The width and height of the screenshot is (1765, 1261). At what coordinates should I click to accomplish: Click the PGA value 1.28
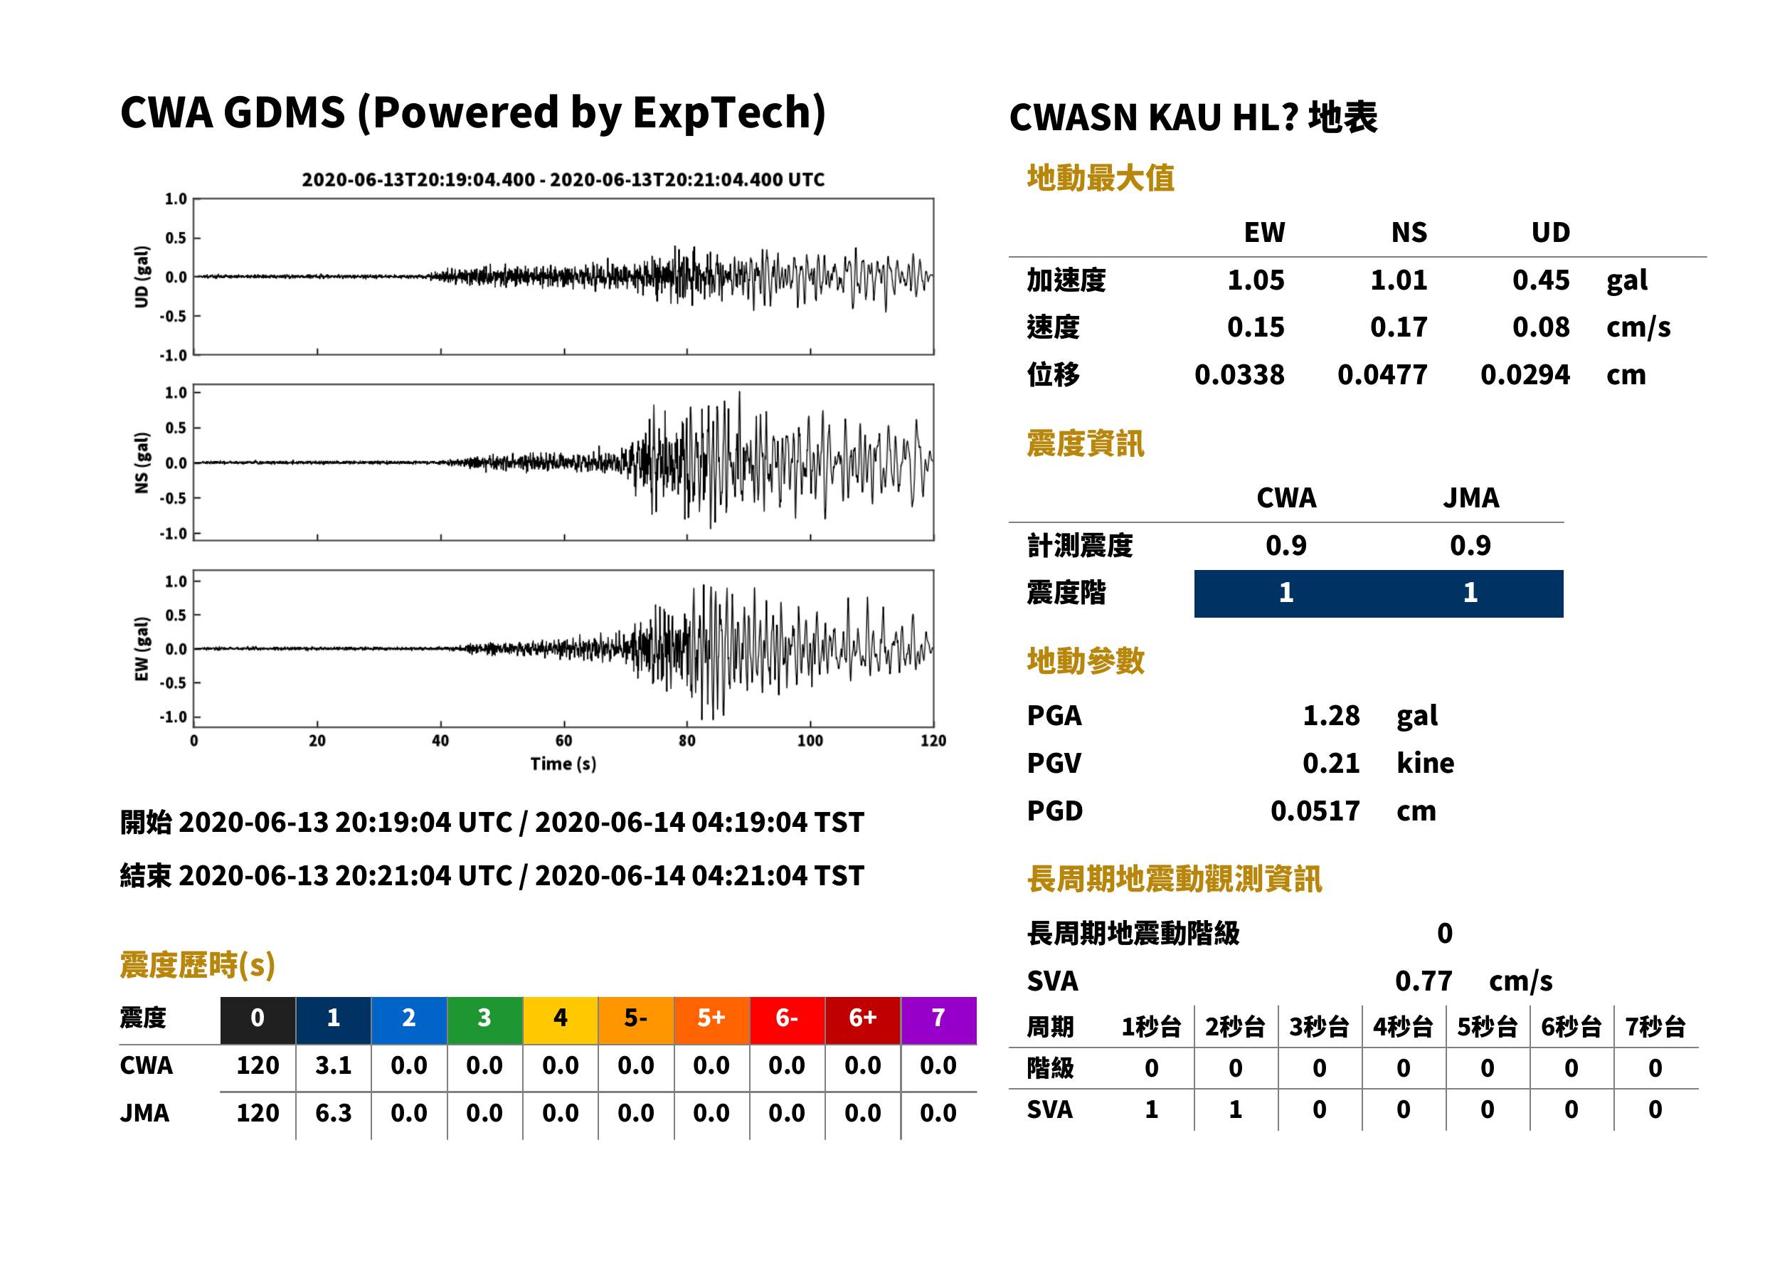(x=1330, y=715)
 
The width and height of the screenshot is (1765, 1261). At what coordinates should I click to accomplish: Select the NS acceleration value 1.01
(x=1398, y=280)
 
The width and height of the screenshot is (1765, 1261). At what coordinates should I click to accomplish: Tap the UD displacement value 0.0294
(x=1525, y=374)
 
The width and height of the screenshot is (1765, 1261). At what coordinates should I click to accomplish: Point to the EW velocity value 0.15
(x=1255, y=327)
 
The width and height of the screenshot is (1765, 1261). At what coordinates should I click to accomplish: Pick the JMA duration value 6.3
(x=333, y=1113)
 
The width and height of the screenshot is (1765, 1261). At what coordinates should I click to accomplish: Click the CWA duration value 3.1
(x=333, y=1065)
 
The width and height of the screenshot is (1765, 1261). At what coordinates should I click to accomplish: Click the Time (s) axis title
(x=563, y=764)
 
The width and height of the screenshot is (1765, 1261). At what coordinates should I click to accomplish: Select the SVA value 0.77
(x=1423, y=981)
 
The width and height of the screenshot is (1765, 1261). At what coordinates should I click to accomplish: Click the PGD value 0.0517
(x=1315, y=811)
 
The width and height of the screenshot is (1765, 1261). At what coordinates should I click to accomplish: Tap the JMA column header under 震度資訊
(x=1471, y=497)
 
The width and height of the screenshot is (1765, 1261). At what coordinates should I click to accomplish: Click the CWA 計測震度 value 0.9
(x=1286, y=545)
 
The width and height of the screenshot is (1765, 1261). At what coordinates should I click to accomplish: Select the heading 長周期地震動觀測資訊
(x=1175, y=879)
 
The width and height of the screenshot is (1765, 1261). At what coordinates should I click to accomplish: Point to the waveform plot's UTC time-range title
(x=563, y=179)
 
